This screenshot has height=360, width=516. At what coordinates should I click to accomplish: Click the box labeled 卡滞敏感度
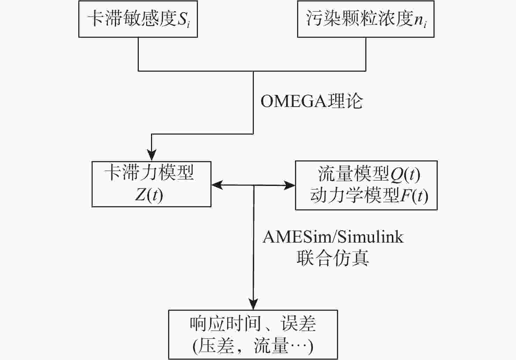pyautogui.click(x=138, y=19)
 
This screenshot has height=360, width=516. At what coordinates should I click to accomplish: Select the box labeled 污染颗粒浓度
pyautogui.click(x=366, y=19)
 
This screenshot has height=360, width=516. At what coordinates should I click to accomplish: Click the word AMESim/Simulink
pyautogui.click(x=333, y=237)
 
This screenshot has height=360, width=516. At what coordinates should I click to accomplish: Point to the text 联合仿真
pyautogui.click(x=333, y=258)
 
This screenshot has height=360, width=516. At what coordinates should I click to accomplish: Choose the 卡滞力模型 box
pyautogui.click(x=151, y=184)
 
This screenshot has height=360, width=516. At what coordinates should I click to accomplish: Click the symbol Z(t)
pyautogui.click(x=149, y=195)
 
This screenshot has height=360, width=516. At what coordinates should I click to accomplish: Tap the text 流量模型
pyautogui.click(x=353, y=174)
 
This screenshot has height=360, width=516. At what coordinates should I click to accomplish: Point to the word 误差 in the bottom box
pyautogui.click(x=299, y=324)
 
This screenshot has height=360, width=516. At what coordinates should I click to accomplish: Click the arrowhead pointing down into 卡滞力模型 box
pyautogui.click(x=151, y=155)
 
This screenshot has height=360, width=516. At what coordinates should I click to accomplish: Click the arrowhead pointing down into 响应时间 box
pyautogui.click(x=253, y=304)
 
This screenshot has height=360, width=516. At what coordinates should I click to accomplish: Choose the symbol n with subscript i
pyautogui.click(x=420, y=21)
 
